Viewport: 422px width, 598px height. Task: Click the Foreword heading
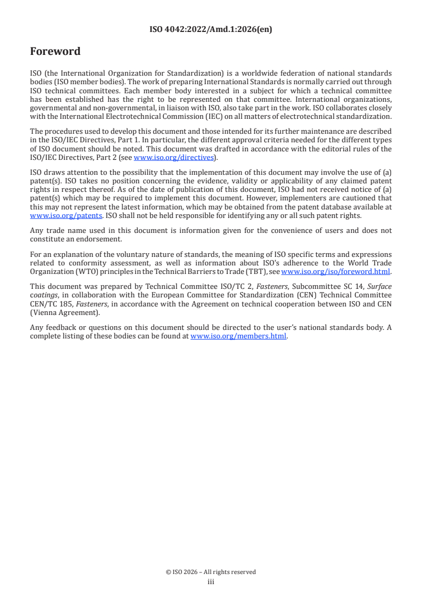pos(55,52)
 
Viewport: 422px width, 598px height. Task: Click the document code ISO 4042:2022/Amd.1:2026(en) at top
pos(211,30)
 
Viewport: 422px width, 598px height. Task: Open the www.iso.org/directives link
pos(173,158)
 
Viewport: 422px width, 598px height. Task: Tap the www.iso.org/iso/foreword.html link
pos(335,272)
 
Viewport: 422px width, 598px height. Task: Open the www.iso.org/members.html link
pos(238,336)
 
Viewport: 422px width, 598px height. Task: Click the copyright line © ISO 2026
pos(211,572)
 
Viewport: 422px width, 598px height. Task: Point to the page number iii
pos(211,582)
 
